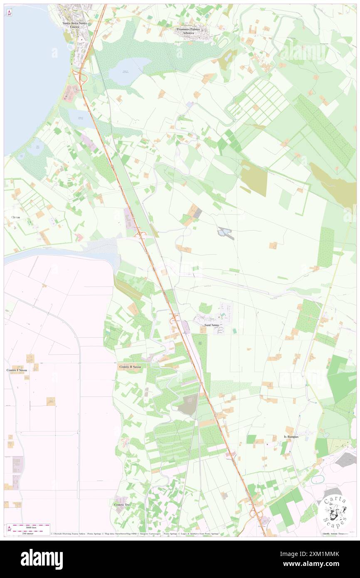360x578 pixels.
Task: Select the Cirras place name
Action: pos(13,217)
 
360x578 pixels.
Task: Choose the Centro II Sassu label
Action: pos(130,367)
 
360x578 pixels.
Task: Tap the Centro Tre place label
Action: pos(122,504)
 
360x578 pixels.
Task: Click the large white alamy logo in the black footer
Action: pos(42,558)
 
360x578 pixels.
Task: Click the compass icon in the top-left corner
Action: pos(10,13)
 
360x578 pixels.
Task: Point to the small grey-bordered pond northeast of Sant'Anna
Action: pos(225,233)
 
